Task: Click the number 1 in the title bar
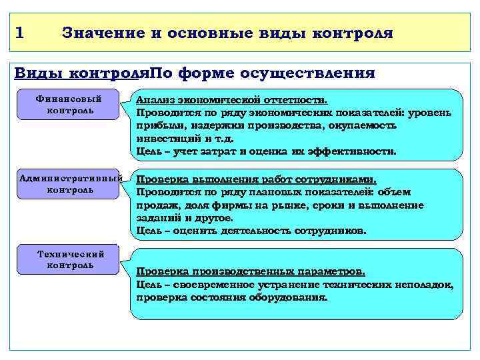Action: pyautogui.click(x=19, y=31)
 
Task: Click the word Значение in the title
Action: pyautogui.click(x=99, y=32)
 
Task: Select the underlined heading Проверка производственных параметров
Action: pyautogui.click(x=250, y=272)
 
